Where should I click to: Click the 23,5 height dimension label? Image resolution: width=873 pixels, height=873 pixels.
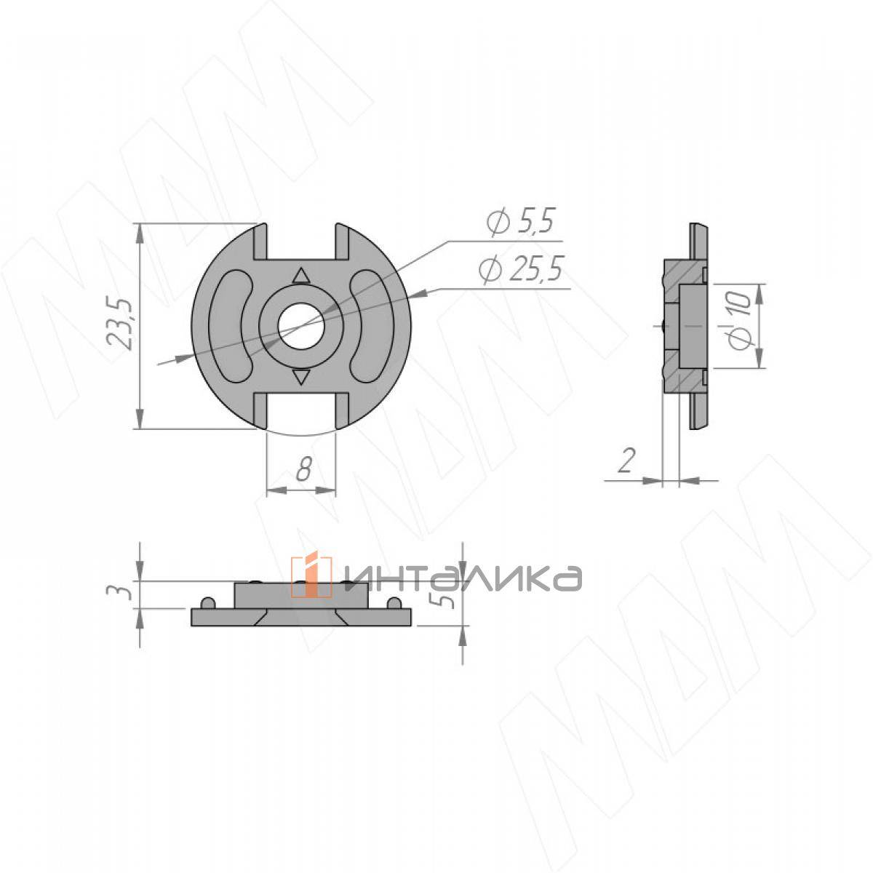119,323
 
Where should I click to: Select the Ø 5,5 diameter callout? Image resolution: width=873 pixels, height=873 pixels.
521,222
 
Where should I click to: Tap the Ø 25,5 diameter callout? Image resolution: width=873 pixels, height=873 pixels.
521,269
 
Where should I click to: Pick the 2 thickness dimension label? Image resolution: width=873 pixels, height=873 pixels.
626,461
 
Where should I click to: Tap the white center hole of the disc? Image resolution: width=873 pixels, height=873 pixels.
301,326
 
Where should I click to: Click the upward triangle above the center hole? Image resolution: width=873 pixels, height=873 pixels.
300,276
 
